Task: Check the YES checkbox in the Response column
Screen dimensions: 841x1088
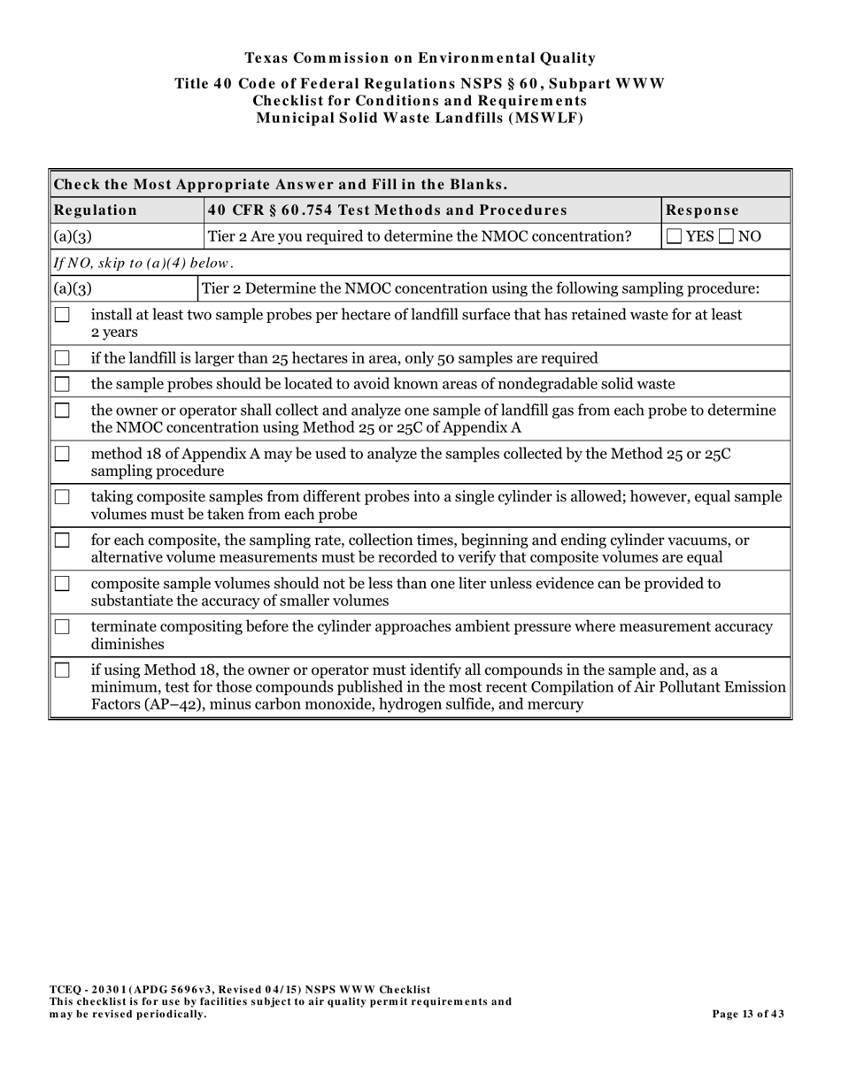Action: [675, 236]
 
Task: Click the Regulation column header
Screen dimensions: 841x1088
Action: [96, 211]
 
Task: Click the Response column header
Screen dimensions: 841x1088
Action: [702, 211]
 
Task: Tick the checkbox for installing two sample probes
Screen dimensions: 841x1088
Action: [62, 315]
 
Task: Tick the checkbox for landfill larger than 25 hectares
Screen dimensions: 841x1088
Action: [62, 358]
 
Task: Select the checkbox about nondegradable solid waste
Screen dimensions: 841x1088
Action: [62, 384]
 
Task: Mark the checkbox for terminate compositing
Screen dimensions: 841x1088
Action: [62, 627]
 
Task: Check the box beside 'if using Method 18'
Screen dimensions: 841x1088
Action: [62, 670]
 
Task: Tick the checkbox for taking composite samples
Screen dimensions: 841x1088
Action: [62, 497]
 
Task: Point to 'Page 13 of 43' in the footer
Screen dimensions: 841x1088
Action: [748, 1015]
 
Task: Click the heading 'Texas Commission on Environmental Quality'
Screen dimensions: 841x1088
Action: [420, 58]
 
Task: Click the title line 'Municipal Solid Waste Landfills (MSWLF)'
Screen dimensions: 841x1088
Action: [420, 119]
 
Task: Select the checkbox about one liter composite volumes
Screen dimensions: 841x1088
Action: [62, 584]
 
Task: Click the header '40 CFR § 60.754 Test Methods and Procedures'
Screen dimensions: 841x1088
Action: [387, 211]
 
